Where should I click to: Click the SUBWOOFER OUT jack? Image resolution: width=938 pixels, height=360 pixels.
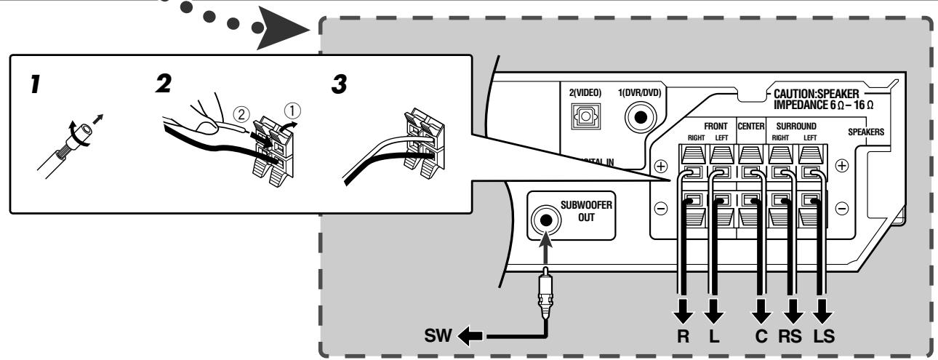tap(545, 220)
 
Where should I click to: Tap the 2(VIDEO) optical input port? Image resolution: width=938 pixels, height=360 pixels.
tap(586, 116)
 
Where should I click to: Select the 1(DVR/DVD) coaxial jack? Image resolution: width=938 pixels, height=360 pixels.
tap(641, 118)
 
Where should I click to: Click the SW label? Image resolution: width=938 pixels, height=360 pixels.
tap(438, 335)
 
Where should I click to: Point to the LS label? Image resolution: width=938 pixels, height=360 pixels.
tap(824, 336)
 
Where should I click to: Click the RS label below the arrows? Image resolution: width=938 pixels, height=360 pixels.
tap(790, 336)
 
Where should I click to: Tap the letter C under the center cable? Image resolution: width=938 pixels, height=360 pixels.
tap(761, 336)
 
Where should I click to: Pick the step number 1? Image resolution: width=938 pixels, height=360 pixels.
tap(35, 84)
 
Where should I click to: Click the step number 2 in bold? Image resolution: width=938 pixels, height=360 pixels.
tap(164, 84)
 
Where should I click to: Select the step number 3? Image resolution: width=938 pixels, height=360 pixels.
tap(339, 84)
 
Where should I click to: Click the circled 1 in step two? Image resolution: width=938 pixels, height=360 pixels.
tap(292, 111)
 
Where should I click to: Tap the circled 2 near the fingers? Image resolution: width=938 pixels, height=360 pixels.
tap(241, 114)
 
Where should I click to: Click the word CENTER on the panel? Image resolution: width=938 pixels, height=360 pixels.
tap(751, 126)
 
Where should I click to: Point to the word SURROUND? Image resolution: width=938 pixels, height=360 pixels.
tap(796, 126)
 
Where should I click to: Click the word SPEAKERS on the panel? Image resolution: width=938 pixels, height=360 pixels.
tap(866, 132)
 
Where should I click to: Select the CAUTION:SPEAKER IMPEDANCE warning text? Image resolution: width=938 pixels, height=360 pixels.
tap(823, 99)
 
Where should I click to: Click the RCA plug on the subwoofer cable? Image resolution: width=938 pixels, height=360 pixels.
tap(545, 292)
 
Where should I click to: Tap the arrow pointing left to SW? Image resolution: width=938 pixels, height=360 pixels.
tap(470, 335)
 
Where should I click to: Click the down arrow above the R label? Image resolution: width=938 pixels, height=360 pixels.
tap(683, 311)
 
